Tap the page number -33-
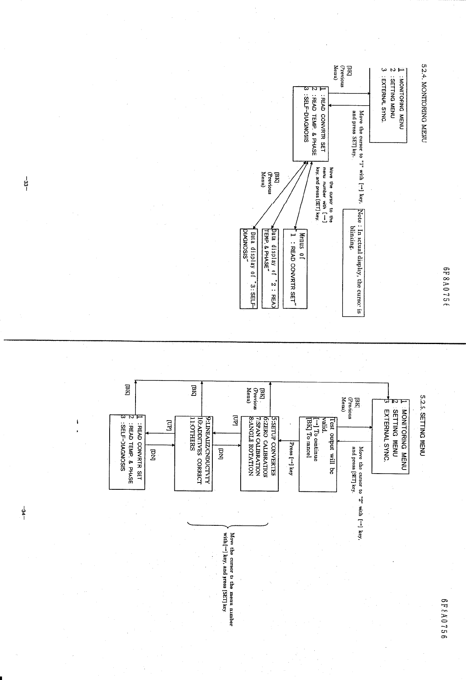click(26, 182)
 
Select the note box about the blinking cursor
click(353, 262)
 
